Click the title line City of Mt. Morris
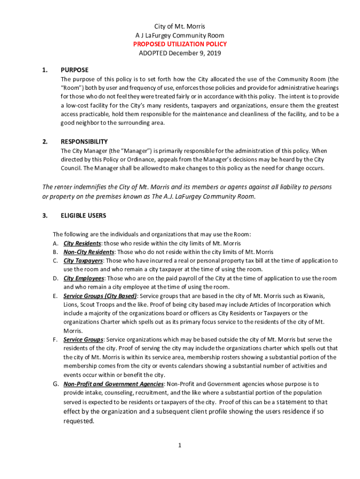point(180,26)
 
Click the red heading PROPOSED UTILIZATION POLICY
point(180,44)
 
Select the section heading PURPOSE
point(74,70)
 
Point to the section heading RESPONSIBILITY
point(84,142)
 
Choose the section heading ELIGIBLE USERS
point(83,216)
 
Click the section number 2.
point(44,142)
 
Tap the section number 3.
point(44,216)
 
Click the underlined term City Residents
point(82,243)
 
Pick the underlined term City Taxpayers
point(83,261)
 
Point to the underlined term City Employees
point(84,278)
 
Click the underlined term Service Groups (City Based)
point(100,296)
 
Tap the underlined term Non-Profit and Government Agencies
point(114,384)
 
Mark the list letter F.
point(55,340)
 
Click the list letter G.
point(55,384)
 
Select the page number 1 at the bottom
point(180,445)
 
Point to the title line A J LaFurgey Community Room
point(180,35)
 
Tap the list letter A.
point(55,243)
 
